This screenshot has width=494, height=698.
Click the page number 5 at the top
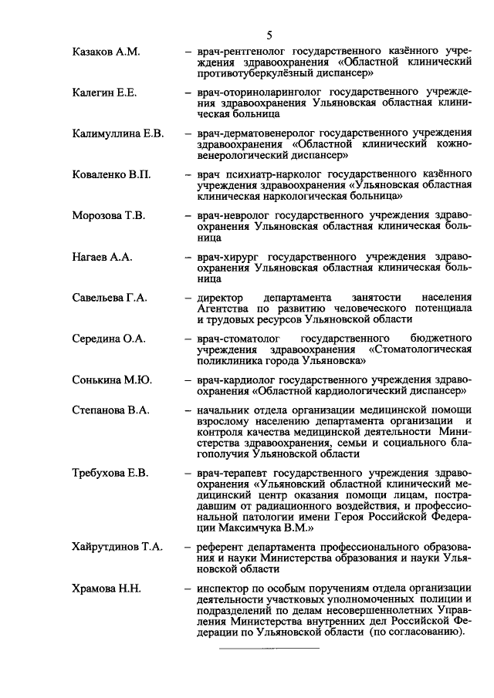[x=269, y=36]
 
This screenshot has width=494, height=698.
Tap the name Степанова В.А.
[x=110, y=410]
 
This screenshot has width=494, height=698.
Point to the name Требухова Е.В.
[x=110, y=473]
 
